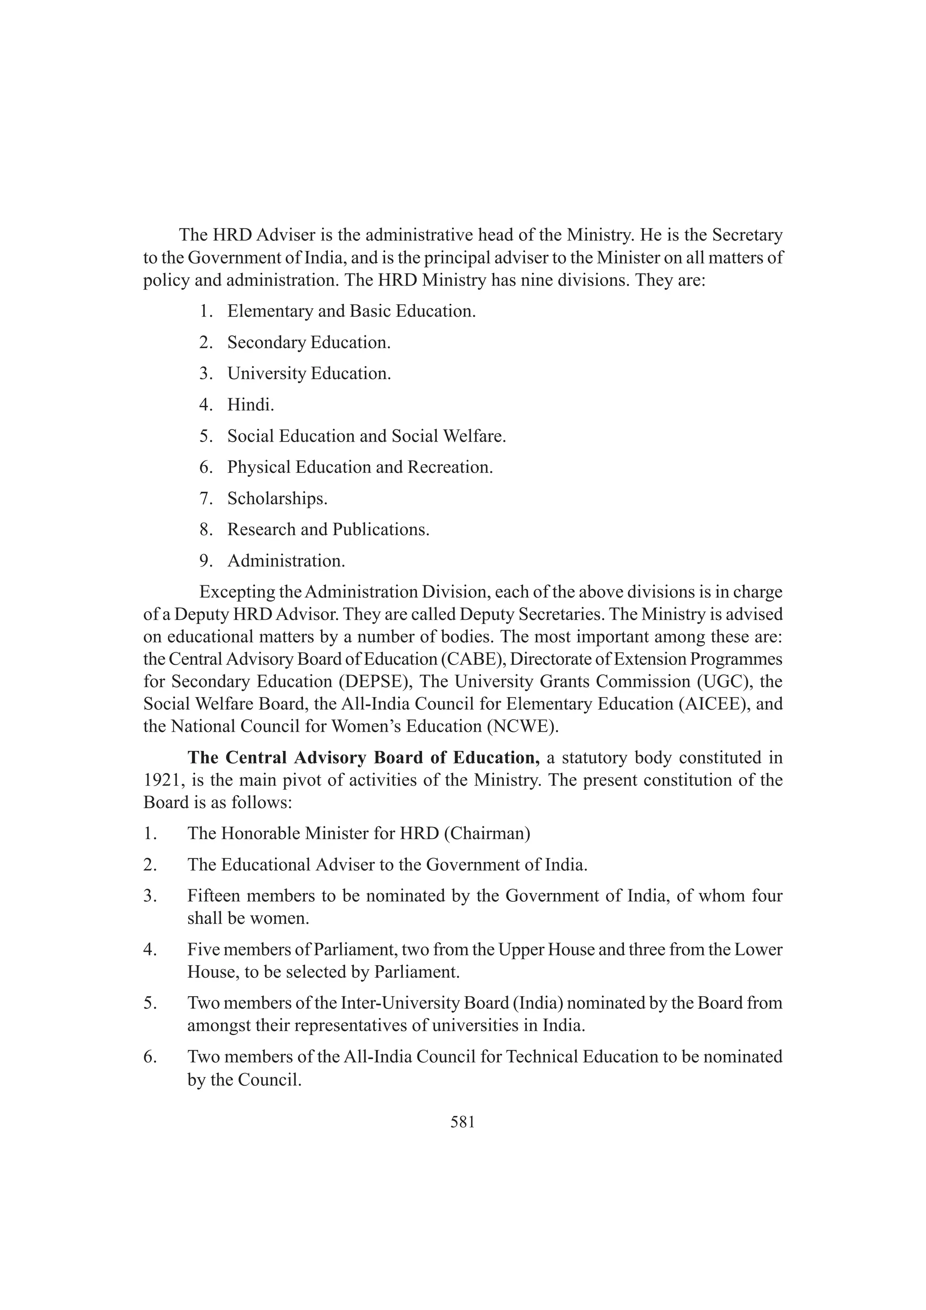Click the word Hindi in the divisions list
coord(250,405)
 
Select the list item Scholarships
coord(277,498)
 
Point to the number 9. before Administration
coord(206,561)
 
